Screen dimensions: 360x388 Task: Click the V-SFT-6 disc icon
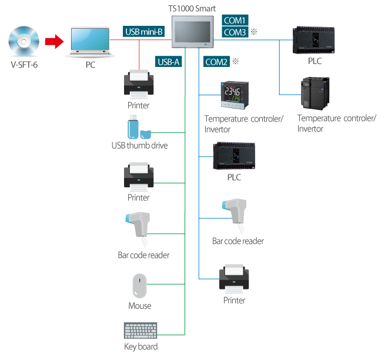[x=24, y=41]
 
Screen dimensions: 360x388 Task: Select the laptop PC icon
[x=89, y=42]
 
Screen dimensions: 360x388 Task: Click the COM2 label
[x=216, y=61]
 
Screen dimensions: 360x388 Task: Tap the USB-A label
[x=168, y=61]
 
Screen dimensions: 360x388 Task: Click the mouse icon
[x=139, y=286]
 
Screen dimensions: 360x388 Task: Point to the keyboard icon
[x=141, y=331]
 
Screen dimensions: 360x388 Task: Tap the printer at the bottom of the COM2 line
[x=235, y=278]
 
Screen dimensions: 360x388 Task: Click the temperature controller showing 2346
[x=235, y=95]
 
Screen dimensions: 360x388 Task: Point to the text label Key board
[x=141, y=347]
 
